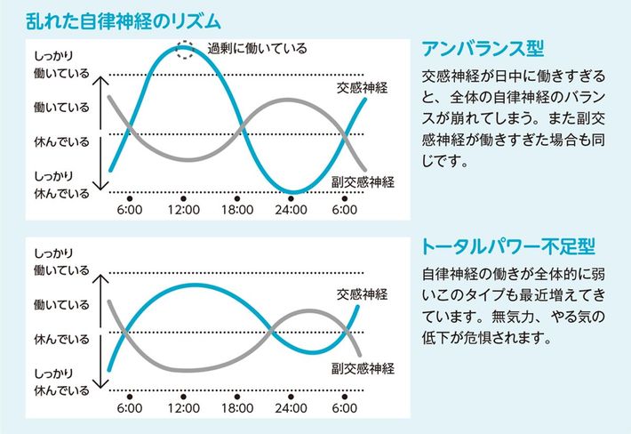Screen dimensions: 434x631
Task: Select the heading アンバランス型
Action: point(482,47)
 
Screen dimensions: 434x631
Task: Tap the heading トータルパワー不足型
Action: point(507,245)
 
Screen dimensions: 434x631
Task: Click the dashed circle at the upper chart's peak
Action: point(184,49)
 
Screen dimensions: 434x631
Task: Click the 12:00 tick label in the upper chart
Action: point(183,210)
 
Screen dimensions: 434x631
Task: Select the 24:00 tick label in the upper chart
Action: point(291,210)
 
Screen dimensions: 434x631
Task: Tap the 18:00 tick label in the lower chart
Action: point(236,408)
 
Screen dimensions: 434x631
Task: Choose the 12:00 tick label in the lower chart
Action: point(183,408)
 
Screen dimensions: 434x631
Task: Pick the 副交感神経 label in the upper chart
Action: point(363,181)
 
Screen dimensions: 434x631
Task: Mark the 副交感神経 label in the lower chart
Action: point(363,367)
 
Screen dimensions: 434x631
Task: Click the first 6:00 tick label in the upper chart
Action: point(130,210)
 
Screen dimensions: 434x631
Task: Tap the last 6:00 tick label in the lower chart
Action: point(344,408)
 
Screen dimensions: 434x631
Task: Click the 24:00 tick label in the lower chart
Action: point(291,408)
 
